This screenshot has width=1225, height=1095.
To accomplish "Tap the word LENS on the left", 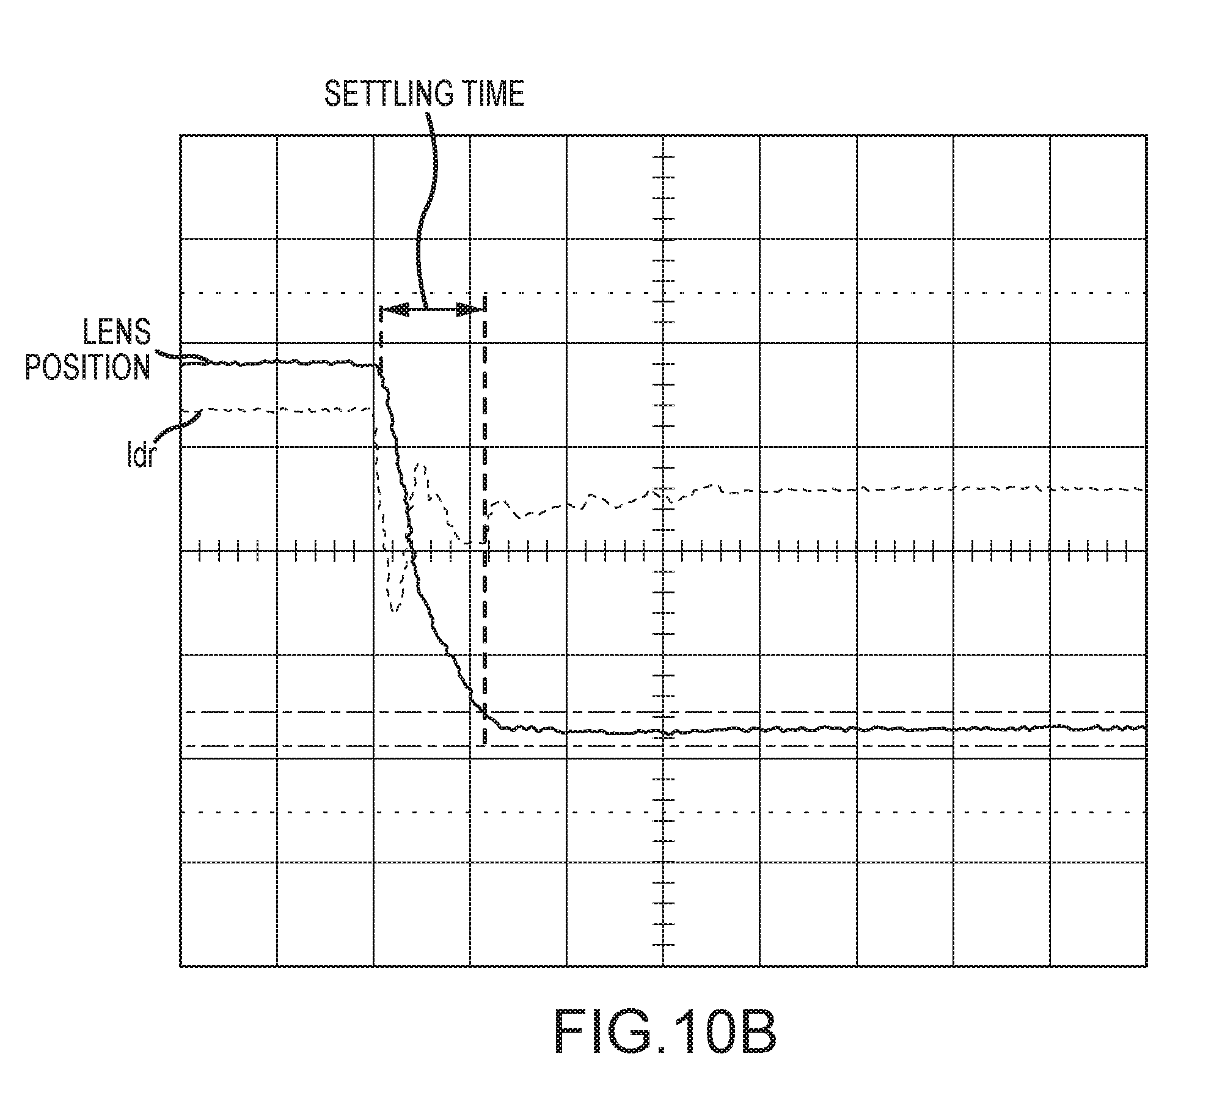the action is coord(117,334).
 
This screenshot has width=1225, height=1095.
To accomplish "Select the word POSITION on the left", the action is coord(88,367).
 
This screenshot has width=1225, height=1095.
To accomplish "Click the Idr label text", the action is coord(140,456).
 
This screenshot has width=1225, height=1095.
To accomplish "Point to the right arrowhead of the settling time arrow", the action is coord(470,310).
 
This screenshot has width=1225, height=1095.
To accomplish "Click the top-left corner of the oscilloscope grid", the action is coord(181,136).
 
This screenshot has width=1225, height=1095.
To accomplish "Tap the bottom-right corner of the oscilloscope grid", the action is coord(1146,966).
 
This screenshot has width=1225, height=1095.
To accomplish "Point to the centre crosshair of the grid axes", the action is coord(664,551).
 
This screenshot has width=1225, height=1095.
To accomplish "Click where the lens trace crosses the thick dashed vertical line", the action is coord(486,712).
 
